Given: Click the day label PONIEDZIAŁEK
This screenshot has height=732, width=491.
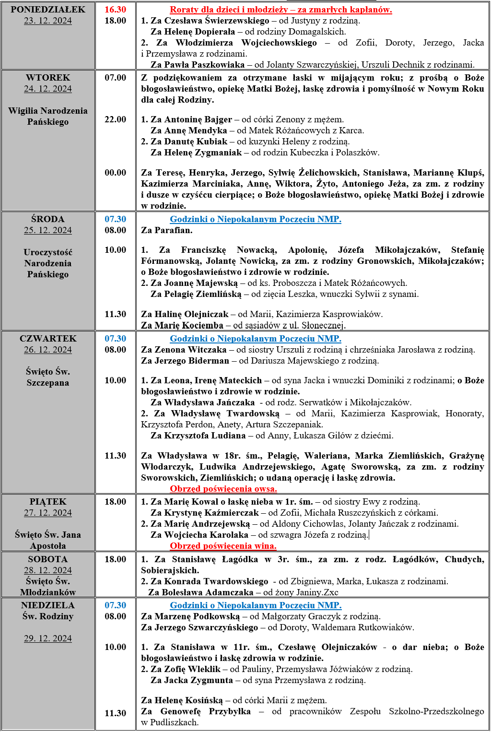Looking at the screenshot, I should pos(48,10).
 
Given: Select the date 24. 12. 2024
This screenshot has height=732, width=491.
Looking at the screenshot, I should pos(48,89).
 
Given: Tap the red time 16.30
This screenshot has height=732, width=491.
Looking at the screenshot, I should pos(115,10).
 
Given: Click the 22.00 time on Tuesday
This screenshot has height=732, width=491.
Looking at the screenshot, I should pos(115,119).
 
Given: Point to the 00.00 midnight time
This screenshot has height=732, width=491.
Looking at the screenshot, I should pos(115,173).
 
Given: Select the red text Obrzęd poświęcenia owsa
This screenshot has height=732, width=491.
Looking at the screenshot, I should pos(223,489).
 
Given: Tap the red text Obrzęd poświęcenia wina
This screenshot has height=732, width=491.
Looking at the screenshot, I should pos(223,546).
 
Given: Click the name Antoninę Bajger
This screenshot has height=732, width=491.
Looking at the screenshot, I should pos(198,119).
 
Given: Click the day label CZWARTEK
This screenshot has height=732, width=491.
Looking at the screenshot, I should pos(48,339).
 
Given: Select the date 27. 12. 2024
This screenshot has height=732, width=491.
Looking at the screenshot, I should pos(48,513).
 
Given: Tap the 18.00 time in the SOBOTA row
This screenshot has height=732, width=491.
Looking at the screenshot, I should pos(115,559).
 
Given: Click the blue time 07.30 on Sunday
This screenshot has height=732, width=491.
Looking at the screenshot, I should pos(115,605).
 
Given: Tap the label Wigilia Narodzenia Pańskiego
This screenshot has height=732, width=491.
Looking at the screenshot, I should pos(48,116).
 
